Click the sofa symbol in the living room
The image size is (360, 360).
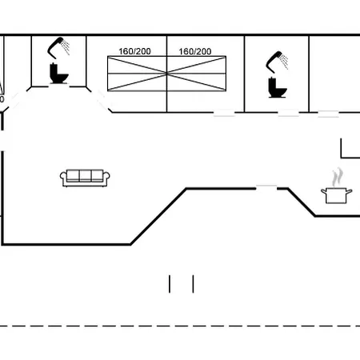(85, 178)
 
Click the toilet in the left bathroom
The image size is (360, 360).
(58, 74)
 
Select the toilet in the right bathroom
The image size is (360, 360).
(278, 87)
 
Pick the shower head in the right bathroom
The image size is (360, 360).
(277, 62)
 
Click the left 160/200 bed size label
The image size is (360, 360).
(134, 51)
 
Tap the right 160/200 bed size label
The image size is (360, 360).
(195, 51)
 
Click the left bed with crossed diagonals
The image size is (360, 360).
(137, 74)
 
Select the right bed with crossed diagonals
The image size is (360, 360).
(197, 74)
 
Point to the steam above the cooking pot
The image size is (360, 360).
(337, 178)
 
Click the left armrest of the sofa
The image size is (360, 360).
(63, 178)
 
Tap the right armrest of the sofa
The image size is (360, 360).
(106, 178)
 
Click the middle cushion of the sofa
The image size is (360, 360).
(85, 175)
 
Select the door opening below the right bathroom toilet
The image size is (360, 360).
(288, 113)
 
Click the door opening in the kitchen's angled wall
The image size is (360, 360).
(266, 188)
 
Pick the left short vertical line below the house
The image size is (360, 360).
(170, 284)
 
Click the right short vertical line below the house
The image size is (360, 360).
(193, 284)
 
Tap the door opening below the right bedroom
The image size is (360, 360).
(224, 113)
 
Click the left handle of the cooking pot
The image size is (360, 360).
(324, 191)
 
